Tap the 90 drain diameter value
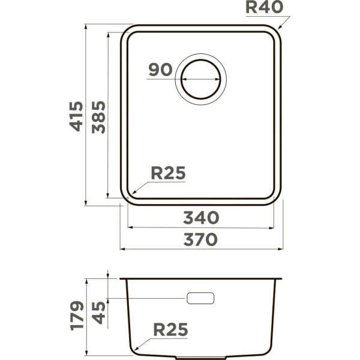pyautogui.click(x=160, y=70)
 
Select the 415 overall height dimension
pyautogui.click(x=76, y=116)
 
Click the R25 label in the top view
pyautogui.click(x=168, y=173)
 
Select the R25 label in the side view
pyautogui.click(x=170, y=329)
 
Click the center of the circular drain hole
pyautogui.click(x=202, y=80)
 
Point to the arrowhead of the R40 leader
pyautogui.click(x=280, y=28)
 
